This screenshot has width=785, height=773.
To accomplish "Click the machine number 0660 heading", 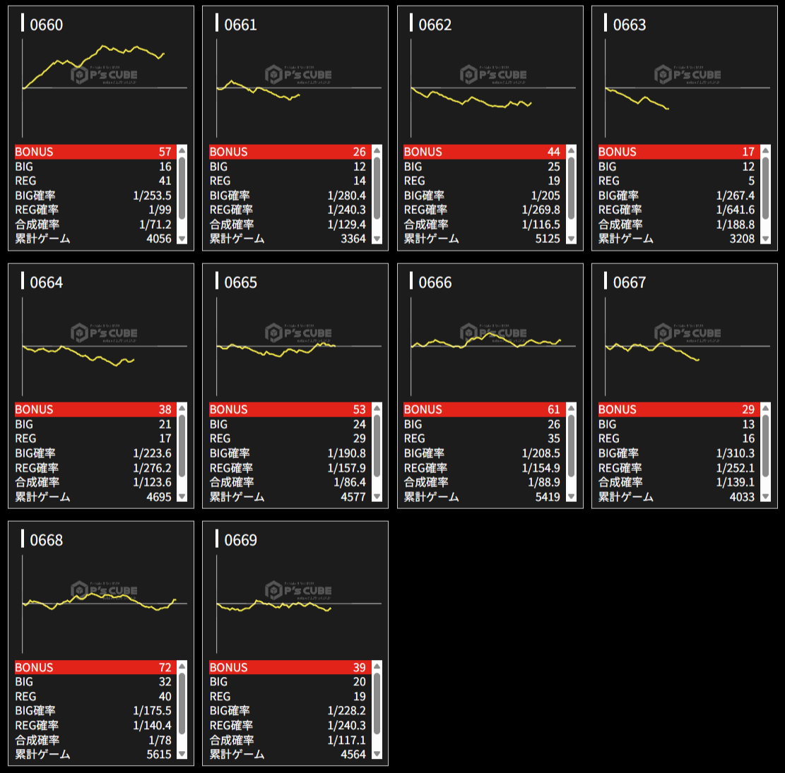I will click(46, 25).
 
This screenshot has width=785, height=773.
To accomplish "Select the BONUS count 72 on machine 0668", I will click(165, 667).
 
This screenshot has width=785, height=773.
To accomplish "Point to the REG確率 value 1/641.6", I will click(736, 210).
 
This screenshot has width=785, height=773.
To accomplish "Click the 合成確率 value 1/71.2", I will click(155, 224).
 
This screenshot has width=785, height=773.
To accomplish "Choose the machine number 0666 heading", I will click(435, 282).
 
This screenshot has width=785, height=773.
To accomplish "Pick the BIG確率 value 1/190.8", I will click(346, 453).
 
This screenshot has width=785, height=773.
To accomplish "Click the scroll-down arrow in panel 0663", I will click(765, 239).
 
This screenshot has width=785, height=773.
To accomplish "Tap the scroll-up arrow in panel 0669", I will click(377, 666).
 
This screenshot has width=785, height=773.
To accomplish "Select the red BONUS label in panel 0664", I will click(34, 409).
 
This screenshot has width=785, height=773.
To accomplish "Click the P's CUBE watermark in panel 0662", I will click(495, 75).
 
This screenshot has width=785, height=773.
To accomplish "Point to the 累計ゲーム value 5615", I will click(159, 754).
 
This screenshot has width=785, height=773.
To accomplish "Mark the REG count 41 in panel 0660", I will click(165, 181).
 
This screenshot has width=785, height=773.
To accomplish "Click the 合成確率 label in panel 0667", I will click(620, 482).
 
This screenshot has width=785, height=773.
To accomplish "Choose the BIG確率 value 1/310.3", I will click(736, 453).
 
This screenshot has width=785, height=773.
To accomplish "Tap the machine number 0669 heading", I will click(240, 540).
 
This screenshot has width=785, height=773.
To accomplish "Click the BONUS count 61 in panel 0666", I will click(553, 409).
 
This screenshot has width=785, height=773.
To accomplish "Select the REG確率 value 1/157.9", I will click(346, 468).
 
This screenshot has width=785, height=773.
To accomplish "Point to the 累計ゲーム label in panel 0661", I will click(237, 239).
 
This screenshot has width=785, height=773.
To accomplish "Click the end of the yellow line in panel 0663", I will click(668, 109).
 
